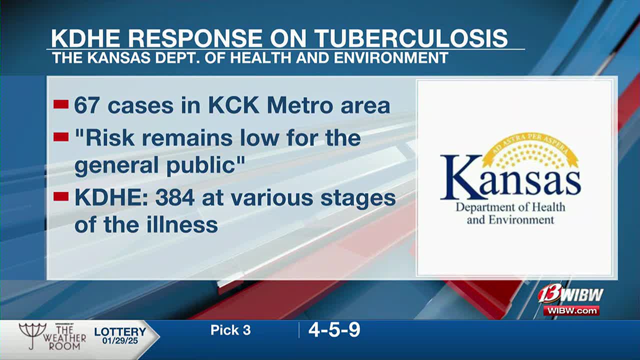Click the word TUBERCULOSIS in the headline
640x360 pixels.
(411, 38)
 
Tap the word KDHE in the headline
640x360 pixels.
(85, 38)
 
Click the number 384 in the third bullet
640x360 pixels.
(175, 197)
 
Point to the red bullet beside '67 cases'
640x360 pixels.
(61, 104)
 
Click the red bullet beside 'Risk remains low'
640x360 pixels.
(61, 137)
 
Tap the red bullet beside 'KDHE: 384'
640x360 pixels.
(61, 196)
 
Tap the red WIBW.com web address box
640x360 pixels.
(571, 310)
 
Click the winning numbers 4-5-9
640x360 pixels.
(334, 330)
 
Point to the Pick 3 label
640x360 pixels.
(230, 330)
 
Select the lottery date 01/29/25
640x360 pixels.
(120, 340)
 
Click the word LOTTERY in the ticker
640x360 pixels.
(120, 331)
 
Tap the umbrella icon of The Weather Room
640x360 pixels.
(32, 334)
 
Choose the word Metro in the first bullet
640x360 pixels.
(299, 106)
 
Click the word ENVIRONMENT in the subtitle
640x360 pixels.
(391, 58)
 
